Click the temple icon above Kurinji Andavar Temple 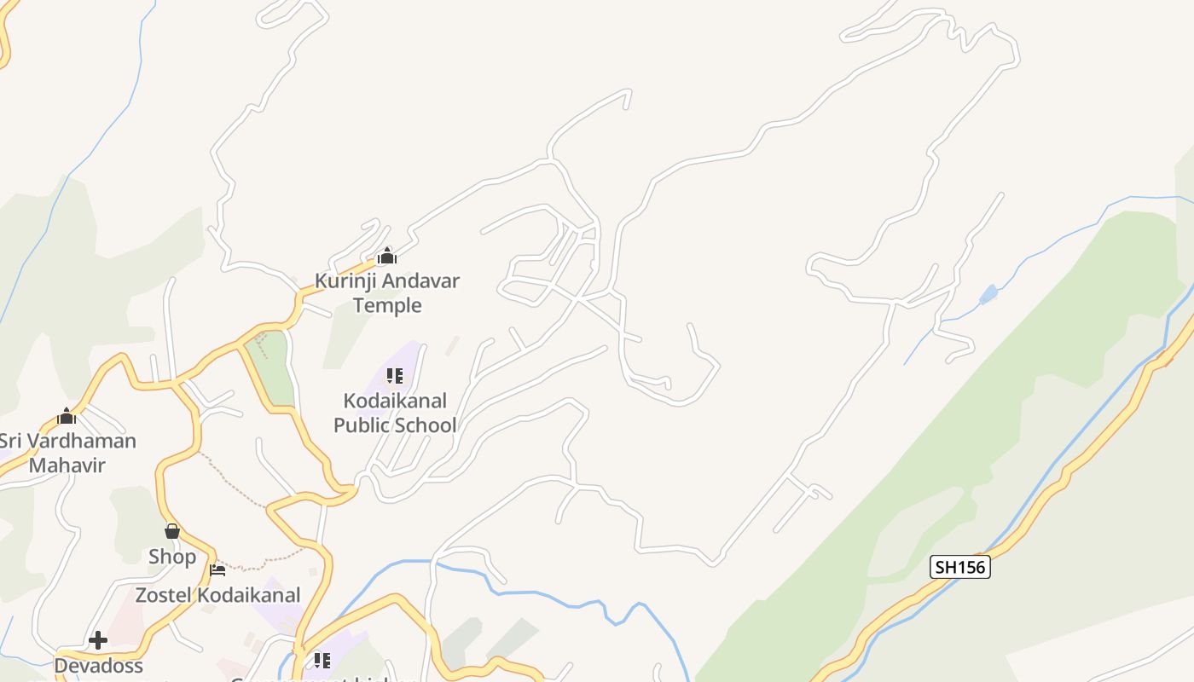[x=386, y=256]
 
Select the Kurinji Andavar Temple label [x=387, y=292]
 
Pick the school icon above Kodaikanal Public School [x=394, y=375]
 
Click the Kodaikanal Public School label [x=395, y=413]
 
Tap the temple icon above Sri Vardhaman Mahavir [x=67, y=416]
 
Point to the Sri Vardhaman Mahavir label [x=67, y=453]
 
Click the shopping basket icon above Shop [x=172, y=531]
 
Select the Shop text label [x=172, y=557]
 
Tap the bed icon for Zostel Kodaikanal [x=217, y=569]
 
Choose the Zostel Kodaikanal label [x=217, y=595]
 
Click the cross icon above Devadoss [x=98, y=639]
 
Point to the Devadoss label [x=98, y=665]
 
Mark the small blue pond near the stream [x=988, y=295]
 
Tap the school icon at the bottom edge [x=322, y=660]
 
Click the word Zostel [x=164, y=595]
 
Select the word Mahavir [x=67, y=465]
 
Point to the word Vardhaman [x=82, y=441]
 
